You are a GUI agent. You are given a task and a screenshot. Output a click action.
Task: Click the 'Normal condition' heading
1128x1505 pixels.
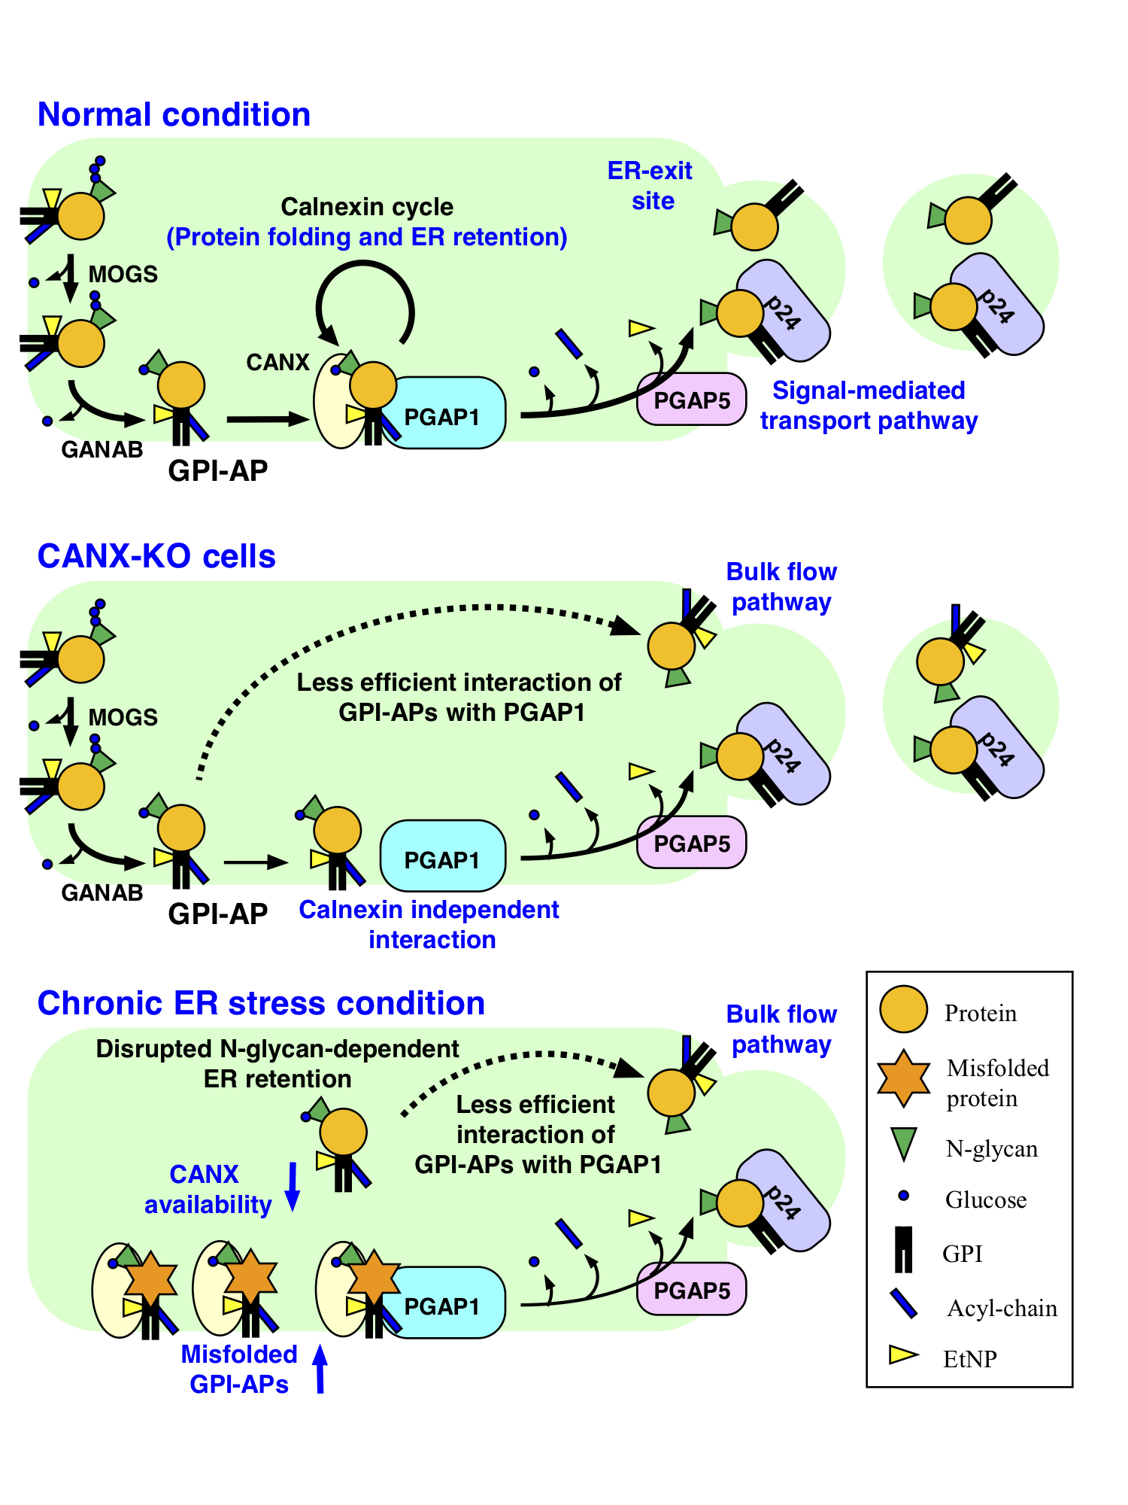tap(174, 115)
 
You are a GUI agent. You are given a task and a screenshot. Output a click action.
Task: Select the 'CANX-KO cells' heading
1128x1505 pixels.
tap(156, 557)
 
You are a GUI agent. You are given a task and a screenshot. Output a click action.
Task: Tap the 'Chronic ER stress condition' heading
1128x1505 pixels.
tap(261, 1004)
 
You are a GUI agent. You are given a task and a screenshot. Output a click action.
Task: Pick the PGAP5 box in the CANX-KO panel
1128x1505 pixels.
tap(692, 844)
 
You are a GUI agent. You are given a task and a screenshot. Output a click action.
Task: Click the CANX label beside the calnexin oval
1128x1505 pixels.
tap(277, 363)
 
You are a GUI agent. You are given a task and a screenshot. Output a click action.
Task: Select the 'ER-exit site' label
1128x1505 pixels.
tap(650, 186)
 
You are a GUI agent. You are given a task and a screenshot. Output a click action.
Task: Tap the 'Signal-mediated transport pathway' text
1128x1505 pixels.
tap(869, 406)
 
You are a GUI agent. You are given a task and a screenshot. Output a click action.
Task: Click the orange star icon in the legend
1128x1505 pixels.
tap(903, 1078)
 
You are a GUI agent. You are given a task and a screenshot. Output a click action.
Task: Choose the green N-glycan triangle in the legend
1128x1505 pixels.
tap(903, 1144)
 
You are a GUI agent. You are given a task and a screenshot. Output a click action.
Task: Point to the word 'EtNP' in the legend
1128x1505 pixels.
tap(970, 1359)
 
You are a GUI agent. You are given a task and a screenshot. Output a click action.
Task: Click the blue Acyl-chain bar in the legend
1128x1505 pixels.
tap(903, 1303)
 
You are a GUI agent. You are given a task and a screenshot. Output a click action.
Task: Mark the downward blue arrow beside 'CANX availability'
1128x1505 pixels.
tap(293, 1187)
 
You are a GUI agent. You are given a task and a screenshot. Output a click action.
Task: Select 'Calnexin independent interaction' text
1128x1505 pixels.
tap(429, 925)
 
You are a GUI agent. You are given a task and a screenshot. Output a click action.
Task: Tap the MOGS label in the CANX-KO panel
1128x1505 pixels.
tap(123, 717)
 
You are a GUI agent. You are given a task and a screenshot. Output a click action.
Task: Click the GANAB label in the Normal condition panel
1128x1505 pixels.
tap(102, 450)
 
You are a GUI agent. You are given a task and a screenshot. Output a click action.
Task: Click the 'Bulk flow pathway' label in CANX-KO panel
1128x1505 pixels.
tap(781, 587)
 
